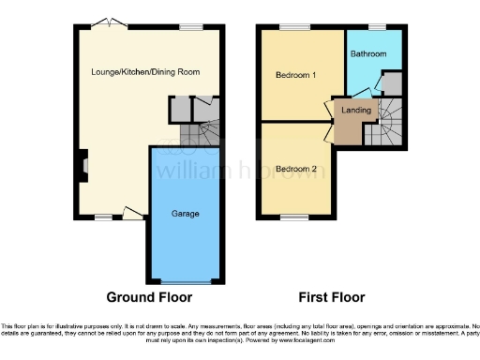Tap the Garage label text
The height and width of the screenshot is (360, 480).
(185, 214)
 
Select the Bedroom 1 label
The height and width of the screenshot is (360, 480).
(295, 74)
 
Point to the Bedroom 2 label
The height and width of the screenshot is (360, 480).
(295, 169)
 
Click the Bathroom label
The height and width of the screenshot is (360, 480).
(368, 54)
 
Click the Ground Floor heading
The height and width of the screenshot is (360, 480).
(149, 297)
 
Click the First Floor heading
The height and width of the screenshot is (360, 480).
(331, 297)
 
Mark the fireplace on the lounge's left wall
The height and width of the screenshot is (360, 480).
(82, 166)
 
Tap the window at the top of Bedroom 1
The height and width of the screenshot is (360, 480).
(288, 28)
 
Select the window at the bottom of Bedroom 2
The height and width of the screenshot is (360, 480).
(292, 217)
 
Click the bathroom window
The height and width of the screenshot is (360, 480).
(377, 28)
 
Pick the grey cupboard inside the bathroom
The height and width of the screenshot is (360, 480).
(392, 85)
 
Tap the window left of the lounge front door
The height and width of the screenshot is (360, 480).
(101, 217)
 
